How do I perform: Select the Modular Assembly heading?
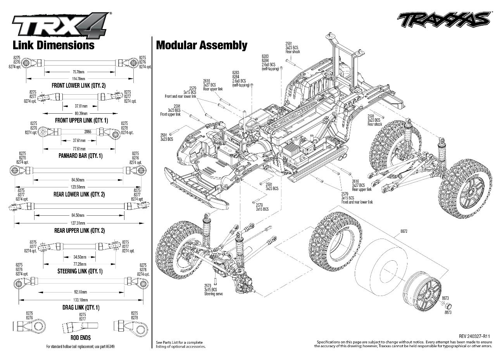click(x=201, y=45)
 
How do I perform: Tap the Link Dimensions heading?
click(x=54, y=45)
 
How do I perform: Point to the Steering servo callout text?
click(x=213, y=294)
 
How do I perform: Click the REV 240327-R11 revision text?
click(x=475, y=336)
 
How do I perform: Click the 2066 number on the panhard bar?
click(x=88, y=132)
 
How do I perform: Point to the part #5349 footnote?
click(x=80, y=346)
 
